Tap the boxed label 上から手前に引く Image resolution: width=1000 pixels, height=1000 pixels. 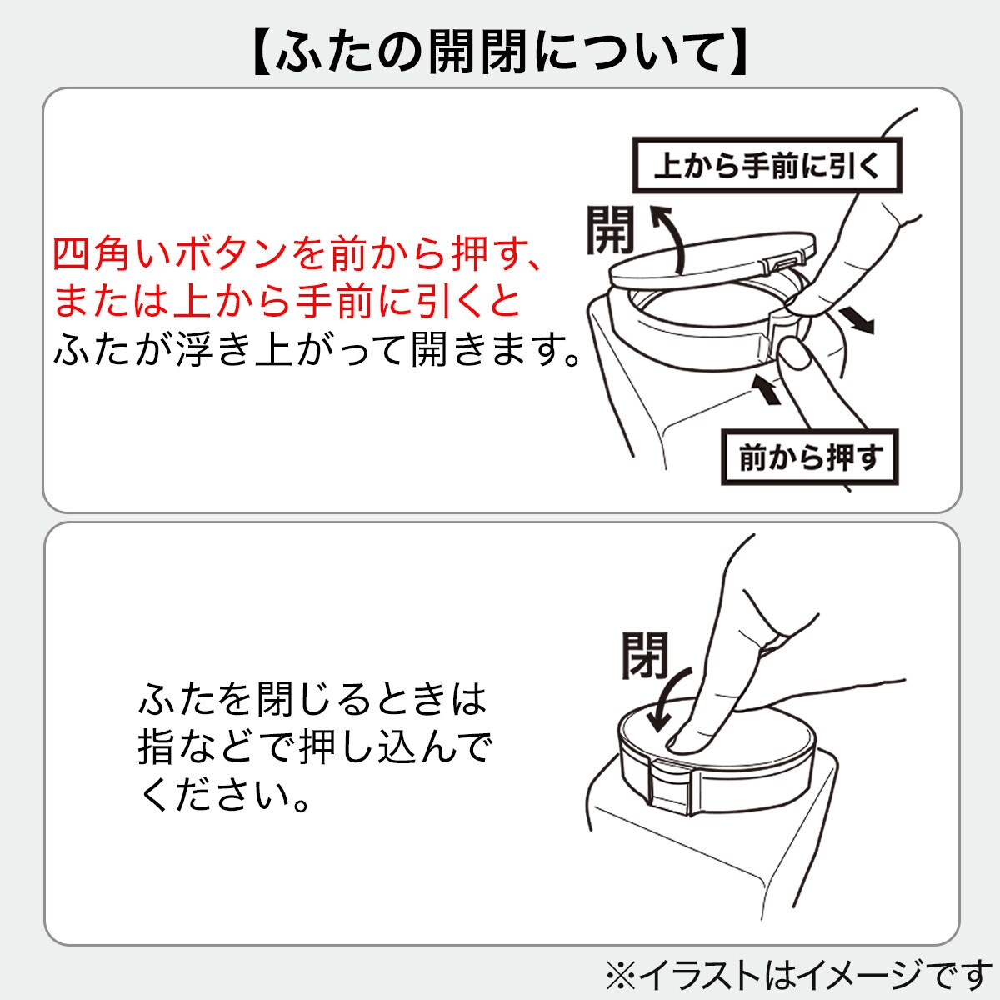click(x=766, y=166)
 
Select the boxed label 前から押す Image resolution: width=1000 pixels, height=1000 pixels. click(x=810, y=457)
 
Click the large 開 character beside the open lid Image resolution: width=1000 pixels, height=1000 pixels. click(x=609, y=231)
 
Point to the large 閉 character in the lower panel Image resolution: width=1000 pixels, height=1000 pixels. click(x=645, y=655)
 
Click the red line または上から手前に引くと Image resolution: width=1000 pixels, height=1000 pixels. click(x=287, y=302)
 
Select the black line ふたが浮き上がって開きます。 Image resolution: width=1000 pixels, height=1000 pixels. click(x=317, y=350)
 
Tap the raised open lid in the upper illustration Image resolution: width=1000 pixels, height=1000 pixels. click(x=708, y=258)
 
